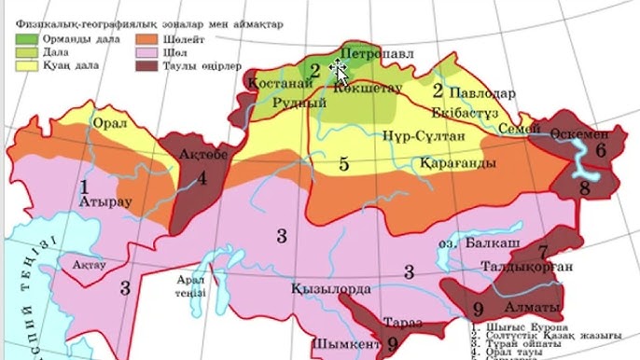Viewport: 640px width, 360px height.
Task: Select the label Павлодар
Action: (x=482, y=94)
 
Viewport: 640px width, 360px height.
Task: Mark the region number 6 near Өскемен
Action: (x=601, y=149)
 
